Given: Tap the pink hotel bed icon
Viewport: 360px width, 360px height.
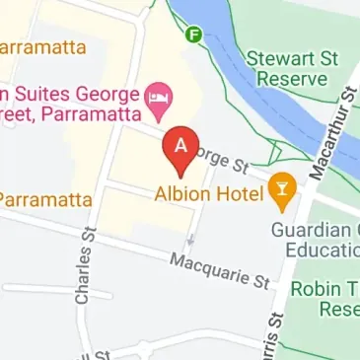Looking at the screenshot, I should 158,97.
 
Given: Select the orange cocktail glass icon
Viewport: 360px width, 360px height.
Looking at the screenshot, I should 284,190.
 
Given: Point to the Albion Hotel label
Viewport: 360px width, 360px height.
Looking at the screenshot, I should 209,192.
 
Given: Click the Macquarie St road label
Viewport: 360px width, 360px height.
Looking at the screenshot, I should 219,269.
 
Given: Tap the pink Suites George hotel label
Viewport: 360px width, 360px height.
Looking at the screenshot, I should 69,104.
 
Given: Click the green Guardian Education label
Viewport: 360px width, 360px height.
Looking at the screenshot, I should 316,239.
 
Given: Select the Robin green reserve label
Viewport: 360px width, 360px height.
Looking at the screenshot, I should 325,298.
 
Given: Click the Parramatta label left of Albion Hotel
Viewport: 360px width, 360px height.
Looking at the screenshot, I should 44,198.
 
